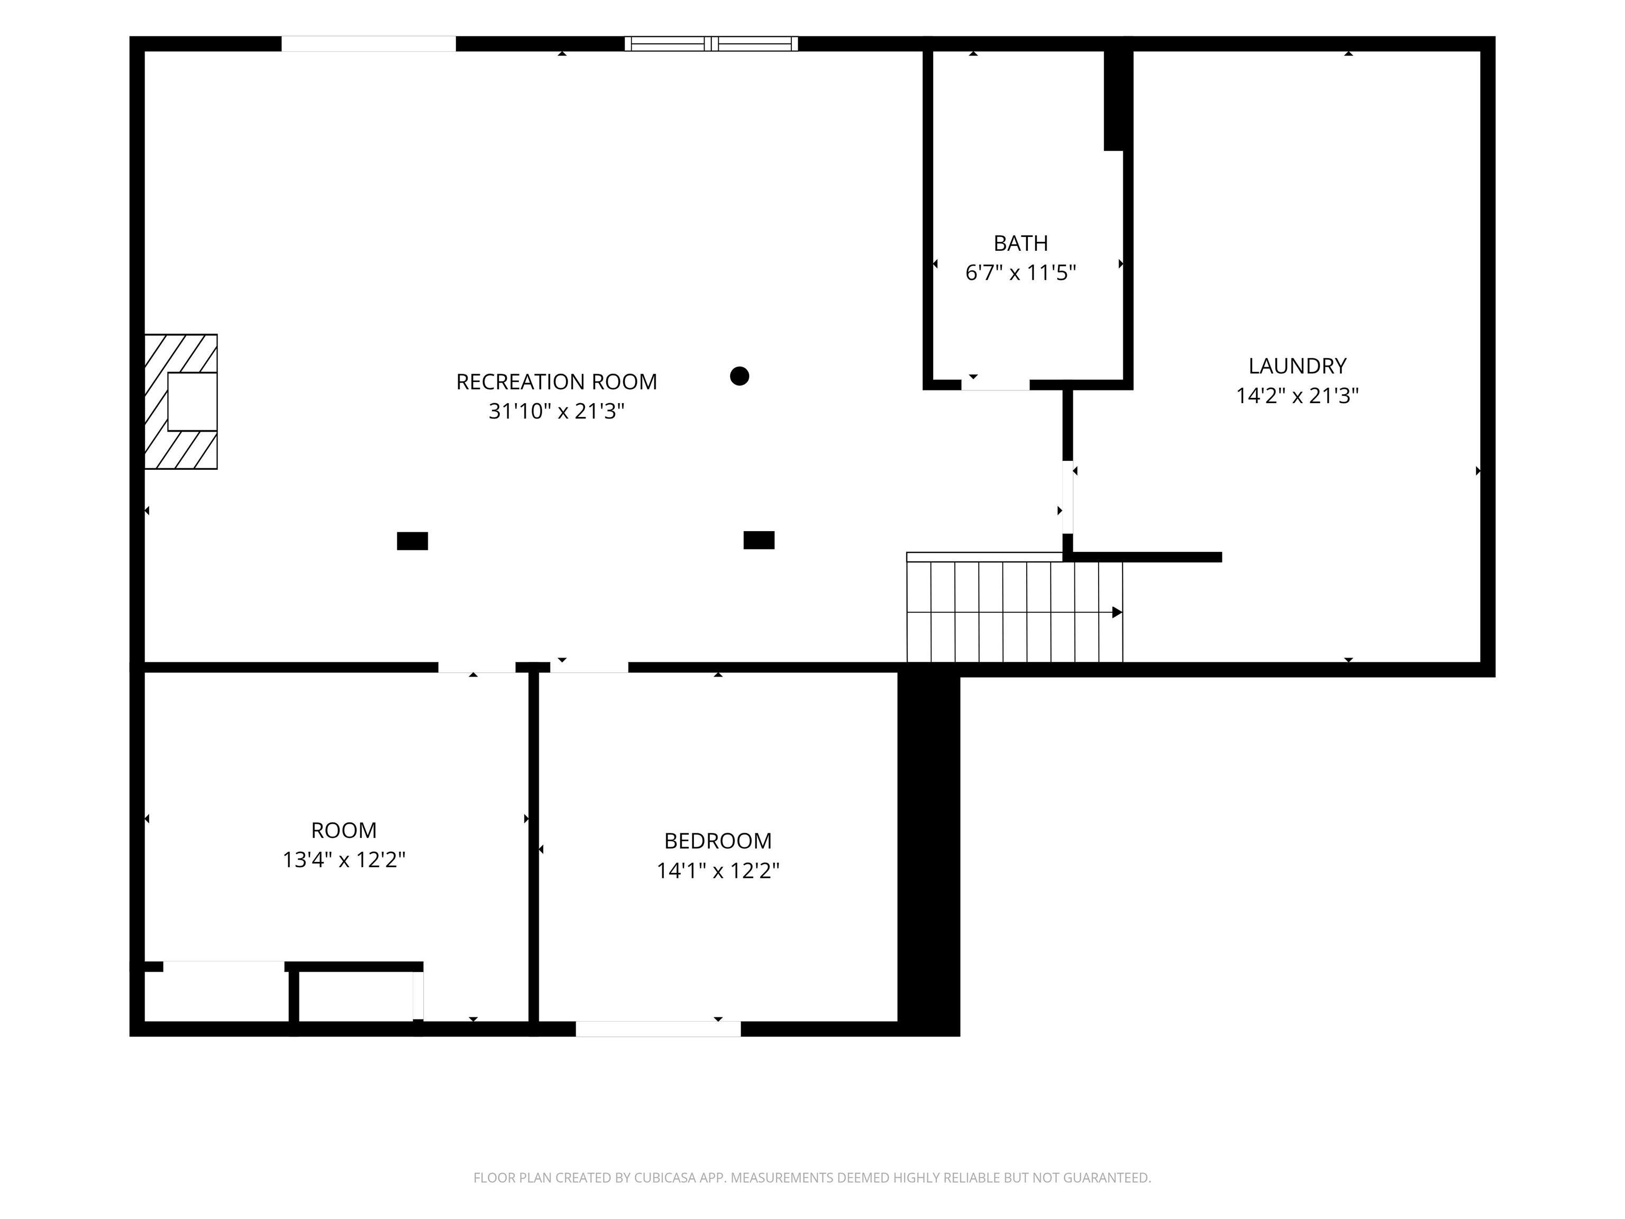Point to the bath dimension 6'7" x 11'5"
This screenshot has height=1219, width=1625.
click(x=1020, y=272)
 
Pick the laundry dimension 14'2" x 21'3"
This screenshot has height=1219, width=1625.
click(x=1298, y=395)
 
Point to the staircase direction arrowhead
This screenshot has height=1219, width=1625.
click(x=1117, y=612)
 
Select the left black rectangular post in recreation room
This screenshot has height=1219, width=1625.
click(x=412, y=541)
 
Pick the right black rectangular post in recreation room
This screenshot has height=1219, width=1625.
click(x=759, y=540)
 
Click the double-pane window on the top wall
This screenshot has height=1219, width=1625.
click(x=711, y=43)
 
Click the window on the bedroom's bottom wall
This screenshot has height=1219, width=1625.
click(x=658, y=1029)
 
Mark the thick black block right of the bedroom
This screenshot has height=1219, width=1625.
click(x=928, y=852)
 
